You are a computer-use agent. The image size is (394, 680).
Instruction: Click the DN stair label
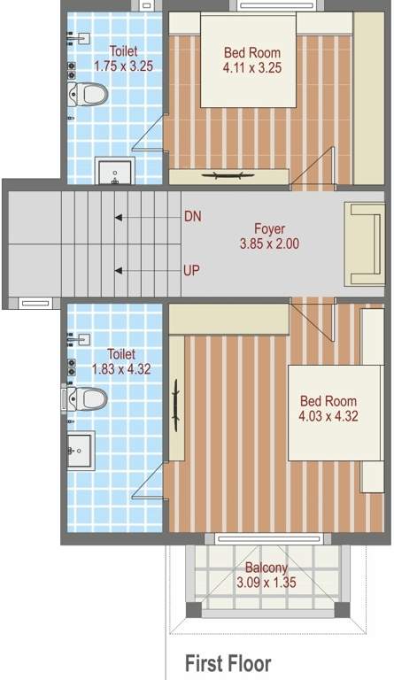tap(192, 216)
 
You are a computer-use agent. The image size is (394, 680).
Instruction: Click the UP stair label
tap(191, 270)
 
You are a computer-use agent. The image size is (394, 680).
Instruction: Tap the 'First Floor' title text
tap(228, 663)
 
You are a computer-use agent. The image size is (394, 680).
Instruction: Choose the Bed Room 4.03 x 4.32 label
tap(328, 408)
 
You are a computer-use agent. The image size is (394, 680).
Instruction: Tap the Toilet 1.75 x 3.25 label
tap(123, 58)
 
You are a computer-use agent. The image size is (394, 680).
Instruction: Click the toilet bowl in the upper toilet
tap(87, 93)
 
